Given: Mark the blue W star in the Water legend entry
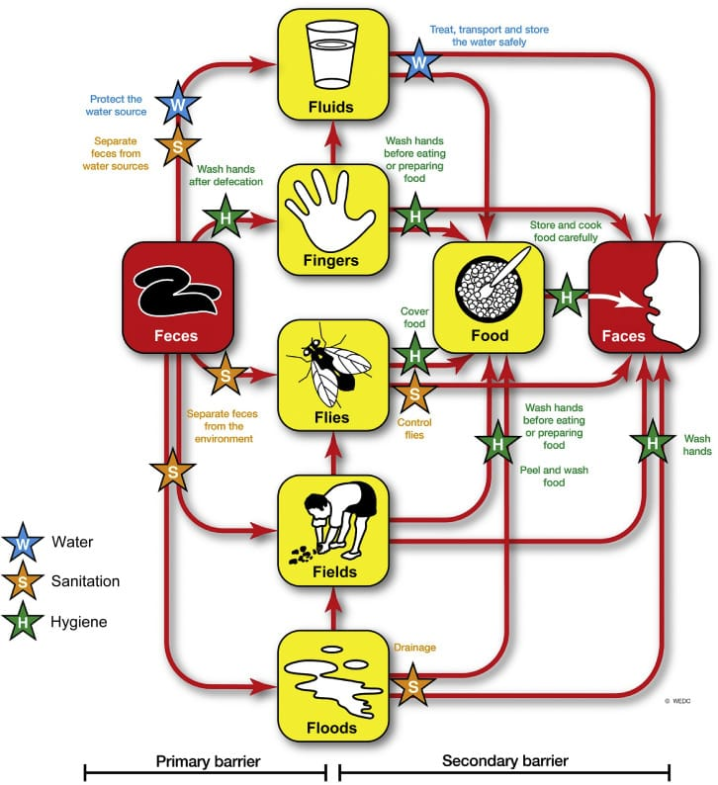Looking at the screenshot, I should (x=23, y=543).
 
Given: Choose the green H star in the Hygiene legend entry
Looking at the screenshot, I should (x=23, y=622).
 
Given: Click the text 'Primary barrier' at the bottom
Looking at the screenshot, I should (x=208, y=761).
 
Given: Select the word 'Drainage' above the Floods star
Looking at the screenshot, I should (x=414, y=648).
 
